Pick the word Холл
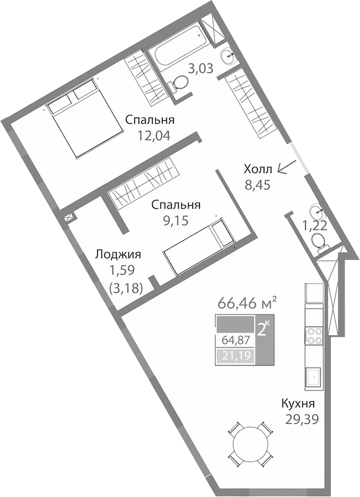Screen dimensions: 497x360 point(258,169)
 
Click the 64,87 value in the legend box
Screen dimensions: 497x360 point(235,340)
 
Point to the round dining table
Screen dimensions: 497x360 point(249,443)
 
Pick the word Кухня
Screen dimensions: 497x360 point(301,403)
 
